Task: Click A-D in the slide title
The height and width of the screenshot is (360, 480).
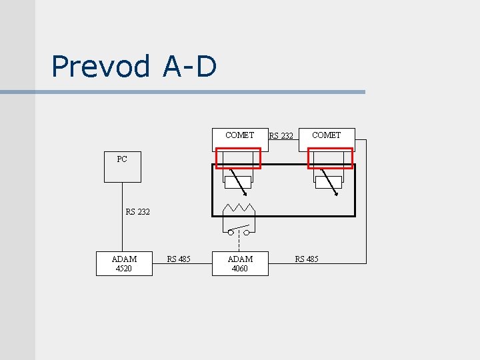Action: (189, 66)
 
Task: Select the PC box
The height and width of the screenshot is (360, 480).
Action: (122, 167)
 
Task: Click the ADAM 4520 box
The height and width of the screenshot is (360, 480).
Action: (124, 263)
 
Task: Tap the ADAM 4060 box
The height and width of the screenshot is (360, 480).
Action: (240, 263)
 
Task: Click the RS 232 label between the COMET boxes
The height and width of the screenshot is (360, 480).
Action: (281, 136)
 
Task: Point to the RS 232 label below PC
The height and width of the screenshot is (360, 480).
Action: (138, 212)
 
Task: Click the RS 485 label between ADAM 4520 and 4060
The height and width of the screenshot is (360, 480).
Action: (179, 259)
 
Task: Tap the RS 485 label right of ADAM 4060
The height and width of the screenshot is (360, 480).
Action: (307, 259)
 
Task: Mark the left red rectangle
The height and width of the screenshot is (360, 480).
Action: (238, 158)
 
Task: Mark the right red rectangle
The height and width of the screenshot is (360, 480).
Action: (329, 158)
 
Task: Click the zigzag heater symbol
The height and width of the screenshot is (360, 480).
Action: (239, 207)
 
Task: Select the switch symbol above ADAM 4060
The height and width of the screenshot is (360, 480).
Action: (239, 231)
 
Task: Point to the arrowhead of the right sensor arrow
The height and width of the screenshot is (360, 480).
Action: (337, 196)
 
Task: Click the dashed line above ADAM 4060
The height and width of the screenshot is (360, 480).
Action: (239, 243)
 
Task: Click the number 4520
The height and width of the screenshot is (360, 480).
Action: (124, 269)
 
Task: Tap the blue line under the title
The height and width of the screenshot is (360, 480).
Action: (200, 92)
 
